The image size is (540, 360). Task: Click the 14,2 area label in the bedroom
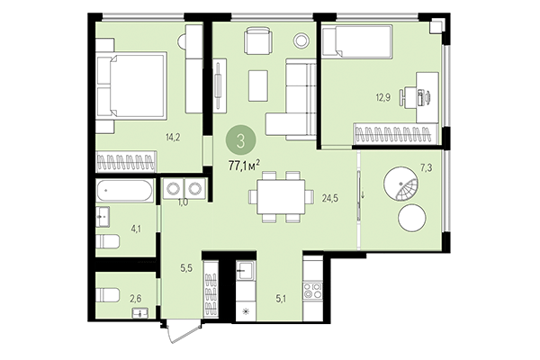[175, 138]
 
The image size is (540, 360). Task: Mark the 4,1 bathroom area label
[136, 229]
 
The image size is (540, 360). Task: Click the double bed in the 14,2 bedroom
[131, 85]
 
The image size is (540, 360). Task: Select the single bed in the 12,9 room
[355, 41]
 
